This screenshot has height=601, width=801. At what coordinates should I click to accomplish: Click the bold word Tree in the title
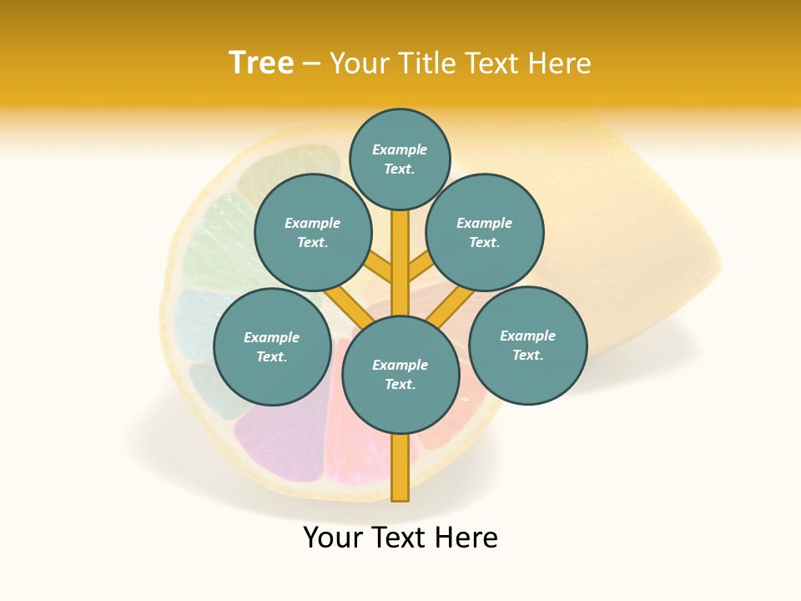click(261, 63)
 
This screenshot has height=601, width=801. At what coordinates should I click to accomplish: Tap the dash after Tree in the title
click(311, 64)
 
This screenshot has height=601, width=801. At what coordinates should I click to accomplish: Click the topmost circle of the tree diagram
click(400, 159)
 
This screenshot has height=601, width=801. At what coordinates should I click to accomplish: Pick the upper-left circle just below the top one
click(312, 233)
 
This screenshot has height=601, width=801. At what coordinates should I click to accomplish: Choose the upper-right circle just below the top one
click(485, 233)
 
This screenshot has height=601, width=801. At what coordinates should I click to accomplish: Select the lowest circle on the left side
click(272, 347)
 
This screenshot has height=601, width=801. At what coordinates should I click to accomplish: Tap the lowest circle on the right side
click(527, 346)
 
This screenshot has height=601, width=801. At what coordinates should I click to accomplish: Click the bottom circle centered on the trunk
click(400, 375)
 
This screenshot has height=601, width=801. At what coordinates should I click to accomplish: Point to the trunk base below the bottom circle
click(400, 467)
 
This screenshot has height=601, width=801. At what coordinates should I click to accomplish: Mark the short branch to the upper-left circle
click(380, 269)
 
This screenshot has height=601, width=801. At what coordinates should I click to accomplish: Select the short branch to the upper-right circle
click(421, 269)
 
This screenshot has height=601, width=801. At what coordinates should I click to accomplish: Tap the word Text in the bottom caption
click(399, 538)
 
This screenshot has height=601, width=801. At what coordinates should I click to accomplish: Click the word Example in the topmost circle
click(400, 150)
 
